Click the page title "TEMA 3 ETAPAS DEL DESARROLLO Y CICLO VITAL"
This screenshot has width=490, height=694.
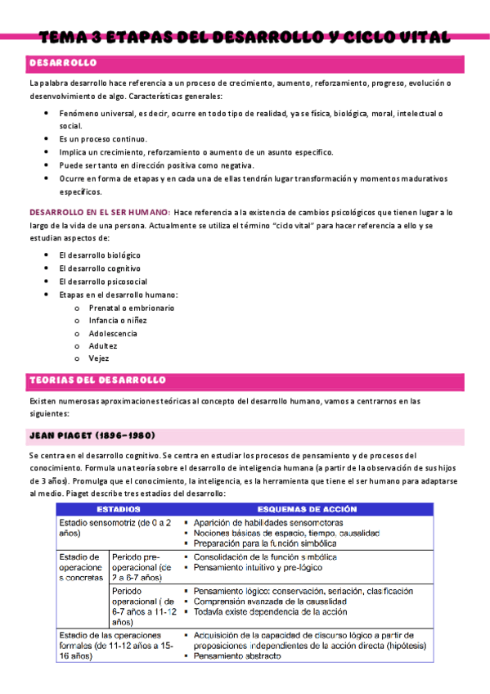click(245, 37)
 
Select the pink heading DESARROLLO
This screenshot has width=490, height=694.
click(63, 63)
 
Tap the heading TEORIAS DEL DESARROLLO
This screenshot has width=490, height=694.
click(97, 381)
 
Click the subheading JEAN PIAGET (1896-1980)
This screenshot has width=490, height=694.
click(92, 435)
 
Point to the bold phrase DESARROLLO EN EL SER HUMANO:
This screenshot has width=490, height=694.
click(99, 212)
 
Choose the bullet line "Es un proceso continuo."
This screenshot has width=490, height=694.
click(103, 139)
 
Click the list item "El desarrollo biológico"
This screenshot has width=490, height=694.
click(100, 255)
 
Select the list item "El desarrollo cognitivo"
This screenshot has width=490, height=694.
click(100, 268)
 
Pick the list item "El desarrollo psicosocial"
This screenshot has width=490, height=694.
click(103, 282)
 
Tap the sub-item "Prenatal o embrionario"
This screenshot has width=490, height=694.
click(132, 307)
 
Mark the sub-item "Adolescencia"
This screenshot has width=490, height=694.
click(113, 333)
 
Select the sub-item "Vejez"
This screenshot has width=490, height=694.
click(99, 358)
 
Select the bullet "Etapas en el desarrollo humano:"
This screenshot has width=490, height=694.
click(119, 295)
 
